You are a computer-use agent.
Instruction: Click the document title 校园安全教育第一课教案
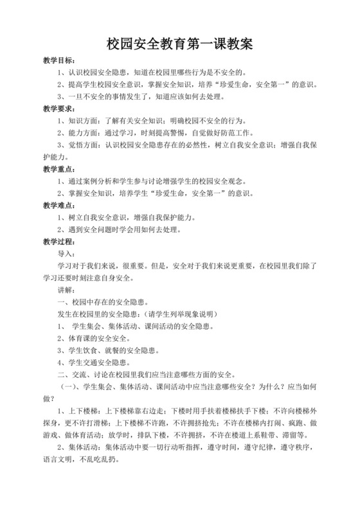179,44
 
